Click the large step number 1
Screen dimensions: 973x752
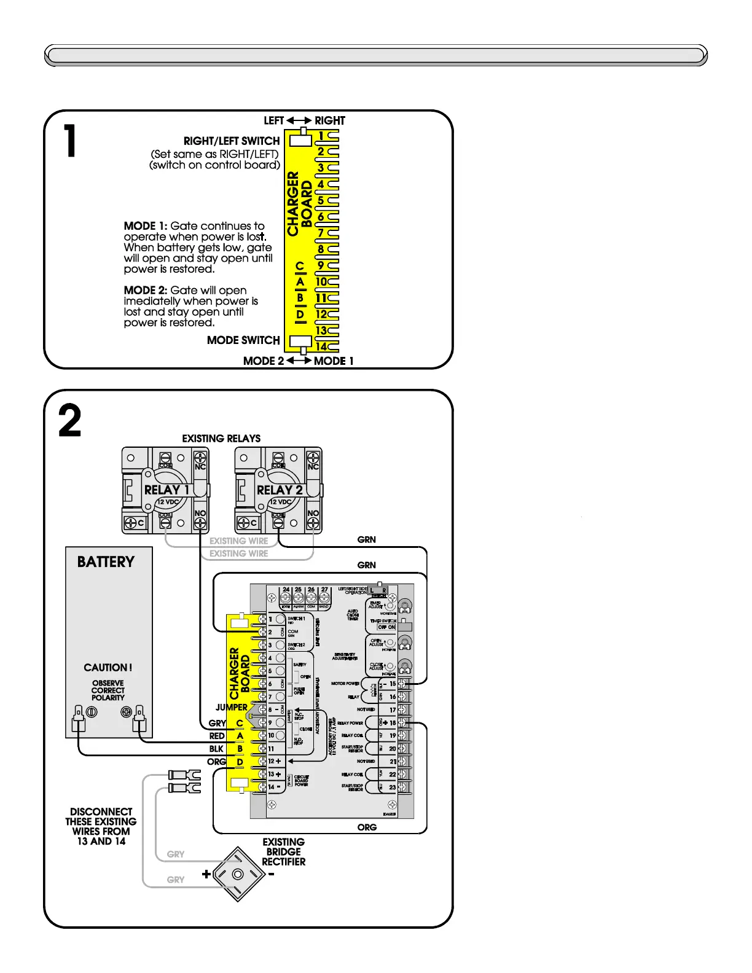click(x=71, y=141)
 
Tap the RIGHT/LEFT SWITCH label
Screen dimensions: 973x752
click(x=231, y=141)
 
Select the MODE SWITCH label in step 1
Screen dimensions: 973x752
click(x=243, y=340)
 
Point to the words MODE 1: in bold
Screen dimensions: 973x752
click(x=146, y=226)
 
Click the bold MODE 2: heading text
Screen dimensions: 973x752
click(x=146, y=291)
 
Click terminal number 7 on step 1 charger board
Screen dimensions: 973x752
click(x=321, y=233)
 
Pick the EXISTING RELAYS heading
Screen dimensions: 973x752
click(x=221, y=439)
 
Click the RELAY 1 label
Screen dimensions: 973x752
click(x=166, y=490)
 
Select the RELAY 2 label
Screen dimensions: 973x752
click(x=279, y=490)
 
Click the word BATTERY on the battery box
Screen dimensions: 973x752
click(x=106, y=562)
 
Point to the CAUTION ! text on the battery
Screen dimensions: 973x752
click(x=108, y=668)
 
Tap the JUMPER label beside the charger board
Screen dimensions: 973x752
click(x=231, y=708)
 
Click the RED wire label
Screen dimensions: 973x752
click(x=217, y=736)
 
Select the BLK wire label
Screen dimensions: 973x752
click(x=216, y=749)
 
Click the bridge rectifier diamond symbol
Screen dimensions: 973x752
click(x=238, y=874)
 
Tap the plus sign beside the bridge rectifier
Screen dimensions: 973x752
click(x=206, y=874)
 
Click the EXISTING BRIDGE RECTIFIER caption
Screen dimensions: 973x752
click(x=283, y=852)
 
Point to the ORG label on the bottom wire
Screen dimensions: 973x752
click(x=367, y=827)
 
